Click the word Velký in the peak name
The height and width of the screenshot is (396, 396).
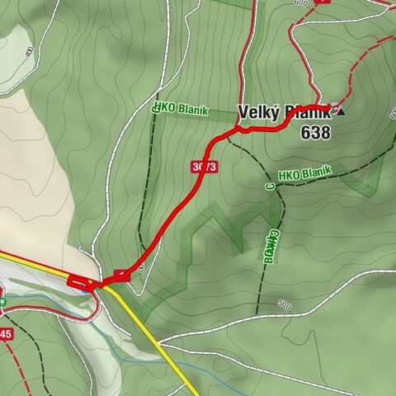pyautogui.click(x=257, y=112)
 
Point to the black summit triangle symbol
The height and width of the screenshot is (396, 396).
pyautogui.click(x=342, y=111)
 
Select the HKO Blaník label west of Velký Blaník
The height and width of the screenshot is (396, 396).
pyautogui.click(x=181, y=110)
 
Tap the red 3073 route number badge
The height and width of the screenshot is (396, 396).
pyautogui.click(x=204, y=167)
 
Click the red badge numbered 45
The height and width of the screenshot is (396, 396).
pyautogui.click(x=6, y=334)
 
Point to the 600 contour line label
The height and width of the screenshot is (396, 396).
pyautogui.click(x=299, y=2)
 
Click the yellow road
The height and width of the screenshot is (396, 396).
pyautogui.click(x=157, y=338)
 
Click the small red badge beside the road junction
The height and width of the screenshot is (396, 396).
pyautogui.click(x=122, y=275)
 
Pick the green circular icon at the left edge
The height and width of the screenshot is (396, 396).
pyautogui.click(x=2, y=303)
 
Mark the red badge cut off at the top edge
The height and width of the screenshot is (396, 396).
pyautogui.click(x=323, y=2)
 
